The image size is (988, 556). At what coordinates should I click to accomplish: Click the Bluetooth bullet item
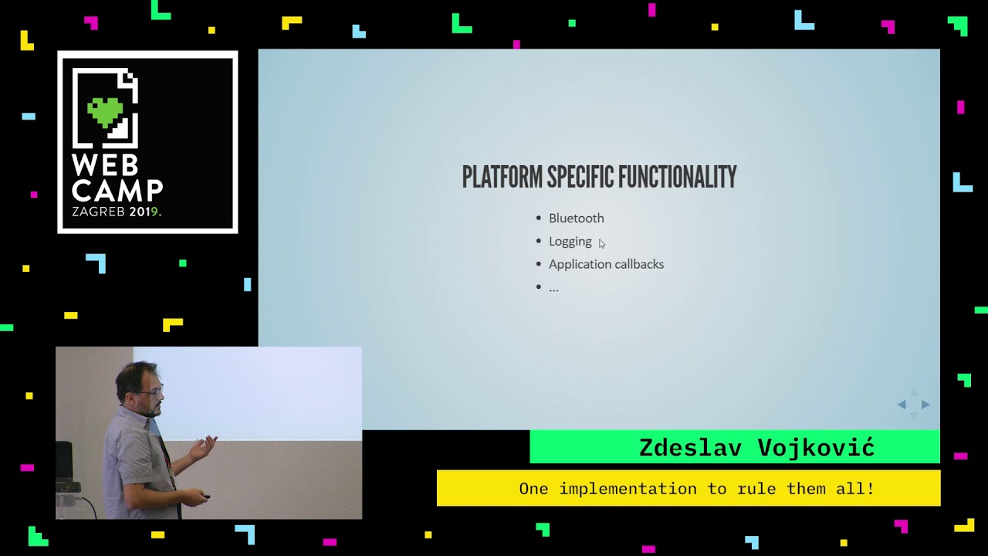tap(576, 219)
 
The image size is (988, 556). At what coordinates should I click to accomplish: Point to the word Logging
tap(570, 242)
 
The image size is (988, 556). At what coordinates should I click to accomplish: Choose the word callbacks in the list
tap(637, 264)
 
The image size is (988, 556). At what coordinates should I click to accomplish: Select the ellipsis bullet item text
tap(553, 287)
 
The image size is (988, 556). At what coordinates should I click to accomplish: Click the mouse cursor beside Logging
tap(602, 244)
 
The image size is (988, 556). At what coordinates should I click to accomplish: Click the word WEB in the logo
tap(105, 165)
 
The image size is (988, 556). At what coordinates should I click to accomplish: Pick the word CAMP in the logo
tap(117, 190)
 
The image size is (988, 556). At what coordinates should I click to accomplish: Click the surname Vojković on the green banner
tap(816, 447)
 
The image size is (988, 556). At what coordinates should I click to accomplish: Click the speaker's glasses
tap(151, 392)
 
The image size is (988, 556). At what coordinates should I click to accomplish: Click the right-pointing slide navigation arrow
tap(925, 405)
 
